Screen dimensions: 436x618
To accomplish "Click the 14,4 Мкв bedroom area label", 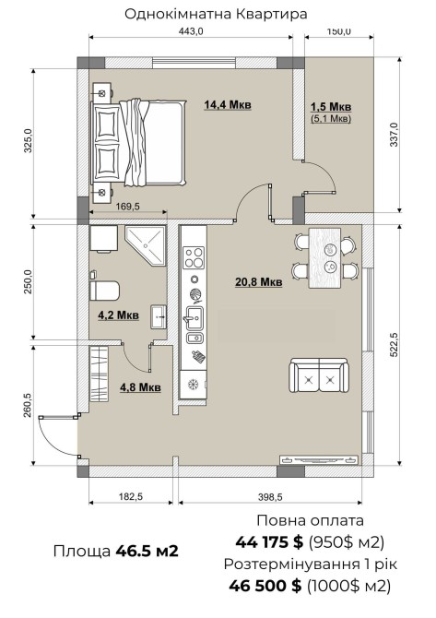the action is tap(228, 105).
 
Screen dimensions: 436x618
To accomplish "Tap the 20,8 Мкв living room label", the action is tap(259, 282).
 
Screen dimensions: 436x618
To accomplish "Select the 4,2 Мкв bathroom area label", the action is tap(118, 315).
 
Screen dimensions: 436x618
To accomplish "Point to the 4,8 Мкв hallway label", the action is tap(140, 387).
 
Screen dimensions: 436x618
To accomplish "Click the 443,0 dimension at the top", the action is tap(191, 31).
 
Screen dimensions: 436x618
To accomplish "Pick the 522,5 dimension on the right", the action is tap(394, 345).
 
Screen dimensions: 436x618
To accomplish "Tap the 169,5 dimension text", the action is tap(127, 206).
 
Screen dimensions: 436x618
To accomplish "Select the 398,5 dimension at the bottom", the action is tap(270, 497).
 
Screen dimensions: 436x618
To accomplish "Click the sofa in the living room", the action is tap(319, 375).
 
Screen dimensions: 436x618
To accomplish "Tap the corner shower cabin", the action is tap(145, 245).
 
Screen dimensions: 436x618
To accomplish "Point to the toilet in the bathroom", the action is tap(104, 291).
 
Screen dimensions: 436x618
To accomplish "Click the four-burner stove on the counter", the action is tap(194, 257).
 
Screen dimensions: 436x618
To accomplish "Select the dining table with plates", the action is tap(325, 258).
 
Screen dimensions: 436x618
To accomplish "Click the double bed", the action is tap(138, 142).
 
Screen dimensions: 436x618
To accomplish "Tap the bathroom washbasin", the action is tap(159, 316).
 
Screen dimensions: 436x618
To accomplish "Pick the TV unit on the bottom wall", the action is tap(319, 459).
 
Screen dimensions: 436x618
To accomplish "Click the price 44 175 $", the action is tap(269, 542).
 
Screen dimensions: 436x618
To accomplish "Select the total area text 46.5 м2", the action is tap(147, 551).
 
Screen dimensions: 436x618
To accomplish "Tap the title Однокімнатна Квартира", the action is tap(216, 14).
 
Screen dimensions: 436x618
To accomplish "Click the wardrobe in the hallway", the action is tap(99, 374).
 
